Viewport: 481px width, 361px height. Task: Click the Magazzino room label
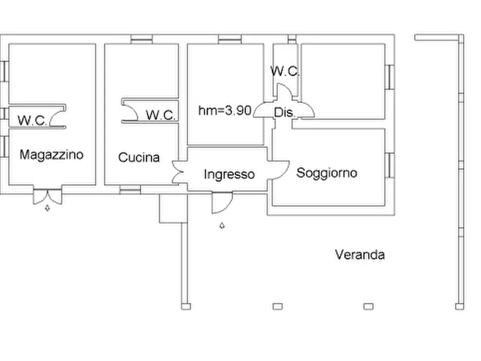52,155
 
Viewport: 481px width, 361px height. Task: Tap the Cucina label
139,158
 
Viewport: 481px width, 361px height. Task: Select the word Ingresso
229,175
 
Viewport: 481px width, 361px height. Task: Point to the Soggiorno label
327,173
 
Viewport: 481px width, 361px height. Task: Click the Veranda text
360,255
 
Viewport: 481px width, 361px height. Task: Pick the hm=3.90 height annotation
225,111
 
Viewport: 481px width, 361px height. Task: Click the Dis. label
283,113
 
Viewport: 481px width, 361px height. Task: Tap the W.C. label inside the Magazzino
32,120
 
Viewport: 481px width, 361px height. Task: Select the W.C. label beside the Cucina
161,115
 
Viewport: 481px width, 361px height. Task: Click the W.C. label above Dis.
285,71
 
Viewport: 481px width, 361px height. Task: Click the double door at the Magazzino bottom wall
47,196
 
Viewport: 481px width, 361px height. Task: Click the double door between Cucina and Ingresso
179,171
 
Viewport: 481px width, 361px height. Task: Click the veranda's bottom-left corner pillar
185,306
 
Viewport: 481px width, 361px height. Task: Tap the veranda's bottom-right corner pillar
459,306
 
